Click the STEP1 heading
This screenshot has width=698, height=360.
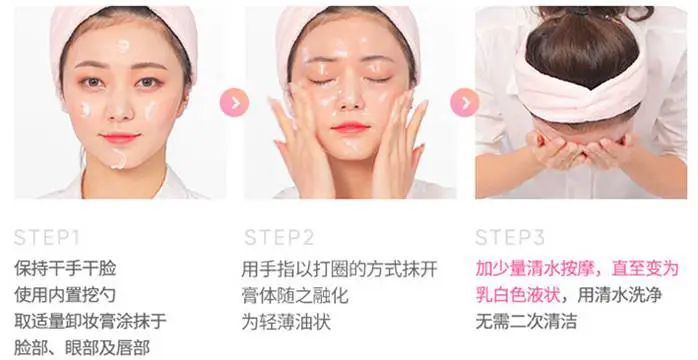click(x=49, y=237)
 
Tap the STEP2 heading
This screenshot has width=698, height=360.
click(x=280, y=237)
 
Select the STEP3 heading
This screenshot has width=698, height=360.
click(x=510, y=237)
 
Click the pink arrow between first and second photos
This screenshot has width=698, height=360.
click(x=234, y=102)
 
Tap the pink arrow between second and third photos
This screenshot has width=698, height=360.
click(x=464, y=102)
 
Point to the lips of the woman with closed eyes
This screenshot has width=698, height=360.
click(x=351, y=128)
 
